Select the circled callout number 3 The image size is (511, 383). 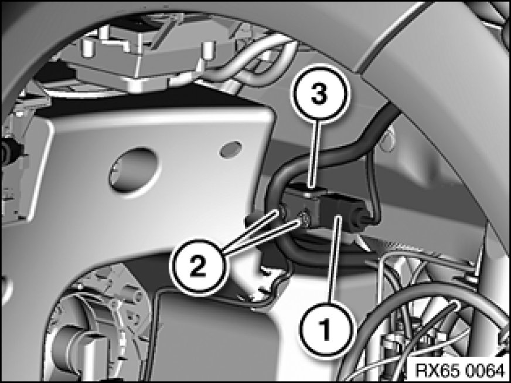pos(319,93)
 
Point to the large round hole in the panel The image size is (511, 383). pos(134,171)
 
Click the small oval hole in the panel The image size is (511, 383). pos(231,150)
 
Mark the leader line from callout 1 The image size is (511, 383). pos(335,259)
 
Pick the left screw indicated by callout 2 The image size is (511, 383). pos(282,212)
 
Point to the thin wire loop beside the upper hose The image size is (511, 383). pos(387,139)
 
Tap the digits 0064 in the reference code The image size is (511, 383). pos(485,371)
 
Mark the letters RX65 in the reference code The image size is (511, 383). pos(438,371)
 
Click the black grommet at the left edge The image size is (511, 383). pos(7,152)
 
